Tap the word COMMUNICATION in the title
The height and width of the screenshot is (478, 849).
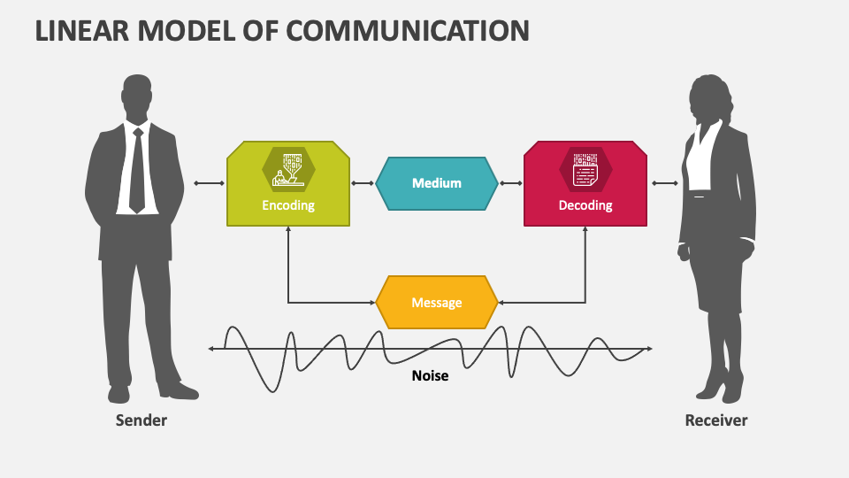coord(409,30)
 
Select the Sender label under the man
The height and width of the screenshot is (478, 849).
coord(141,420)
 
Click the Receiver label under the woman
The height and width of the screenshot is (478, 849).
coord(716,420)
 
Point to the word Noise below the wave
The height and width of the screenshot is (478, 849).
coord(430,375)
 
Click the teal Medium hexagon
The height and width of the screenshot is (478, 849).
coord(437,183)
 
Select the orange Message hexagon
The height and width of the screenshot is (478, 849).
coord(437,303)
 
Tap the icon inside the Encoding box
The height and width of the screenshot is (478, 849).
coord(288,169)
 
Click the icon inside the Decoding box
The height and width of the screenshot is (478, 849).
coord(585,169)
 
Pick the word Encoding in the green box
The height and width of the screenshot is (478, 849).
coord(288,205)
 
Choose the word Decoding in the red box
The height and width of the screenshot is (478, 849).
coord(585,205)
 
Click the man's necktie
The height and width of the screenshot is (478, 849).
coord(137,173)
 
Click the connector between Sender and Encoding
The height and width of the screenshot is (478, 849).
coord(209,184)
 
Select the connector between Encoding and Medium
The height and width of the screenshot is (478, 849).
coord(362,184)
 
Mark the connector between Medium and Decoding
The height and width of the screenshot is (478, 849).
coord(510,184)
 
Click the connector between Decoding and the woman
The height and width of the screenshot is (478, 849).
coord(666,184)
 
